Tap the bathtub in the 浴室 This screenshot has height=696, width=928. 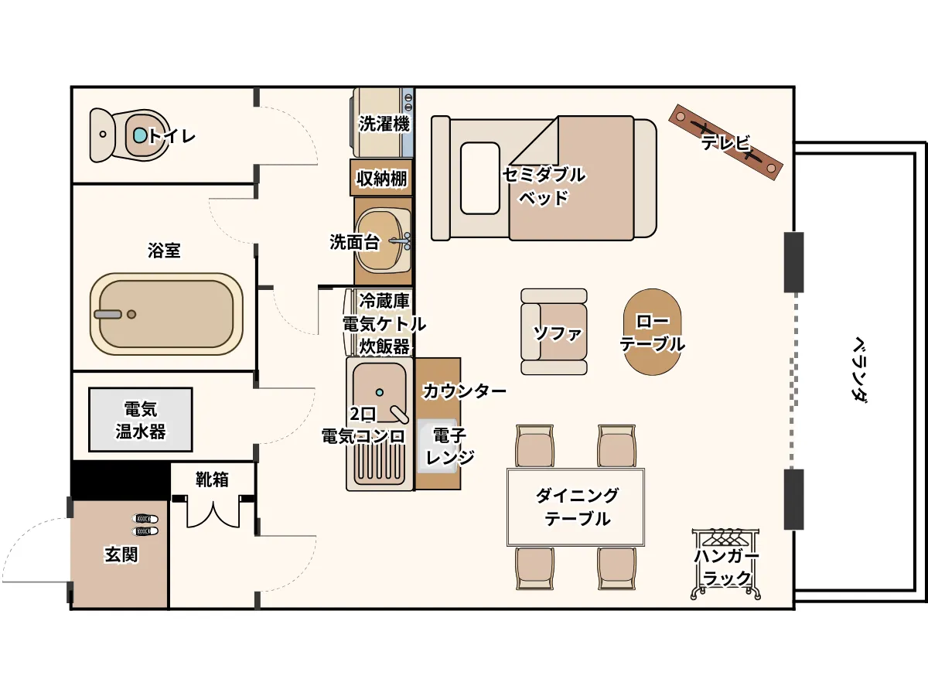point(166,314)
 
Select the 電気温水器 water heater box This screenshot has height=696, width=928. point(141,420)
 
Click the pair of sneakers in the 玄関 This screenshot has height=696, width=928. point(145,525)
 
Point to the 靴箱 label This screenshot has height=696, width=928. point(212,479)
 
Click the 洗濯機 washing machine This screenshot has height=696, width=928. point(382,122)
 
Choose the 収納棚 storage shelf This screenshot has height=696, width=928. point(381,178)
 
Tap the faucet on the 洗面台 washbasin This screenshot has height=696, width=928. point(401,241)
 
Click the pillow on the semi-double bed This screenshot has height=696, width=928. point(480,178)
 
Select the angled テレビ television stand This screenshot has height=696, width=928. point(725,142)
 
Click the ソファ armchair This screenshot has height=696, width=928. point(554,332)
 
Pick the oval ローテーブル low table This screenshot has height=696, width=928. point(653,332)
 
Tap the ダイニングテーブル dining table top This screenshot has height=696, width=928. point(576,507)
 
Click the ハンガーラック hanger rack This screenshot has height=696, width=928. point(725,564)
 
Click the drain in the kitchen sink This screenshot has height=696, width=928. point(379,393)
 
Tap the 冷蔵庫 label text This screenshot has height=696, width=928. point(384,301)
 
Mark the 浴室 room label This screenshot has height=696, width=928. point(164,250)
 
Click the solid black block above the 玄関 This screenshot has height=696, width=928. point(121,480)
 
